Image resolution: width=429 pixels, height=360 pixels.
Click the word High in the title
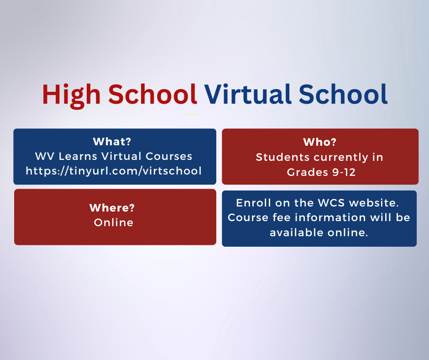tap(71, 95)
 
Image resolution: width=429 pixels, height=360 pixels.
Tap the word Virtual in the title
tap(248, 94)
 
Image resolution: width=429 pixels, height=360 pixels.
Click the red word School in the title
tap(153, 94)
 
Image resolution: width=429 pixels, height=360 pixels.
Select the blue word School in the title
tap(343, 94)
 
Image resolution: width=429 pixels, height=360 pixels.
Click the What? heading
tap(112, 142)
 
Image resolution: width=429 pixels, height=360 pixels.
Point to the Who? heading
tap(319, 142)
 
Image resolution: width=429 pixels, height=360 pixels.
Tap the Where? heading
tap(112, 208)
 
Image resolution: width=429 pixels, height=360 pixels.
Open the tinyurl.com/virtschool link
tap(114, 171)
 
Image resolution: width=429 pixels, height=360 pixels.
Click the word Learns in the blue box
tap(78, 156)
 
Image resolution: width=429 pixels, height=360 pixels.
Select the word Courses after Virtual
tap(169, 156)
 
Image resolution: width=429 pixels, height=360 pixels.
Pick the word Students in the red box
tap(283, 157)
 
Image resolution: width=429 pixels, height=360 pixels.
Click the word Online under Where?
tap(114, 222)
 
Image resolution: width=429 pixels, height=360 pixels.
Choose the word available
tap(297, 233)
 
